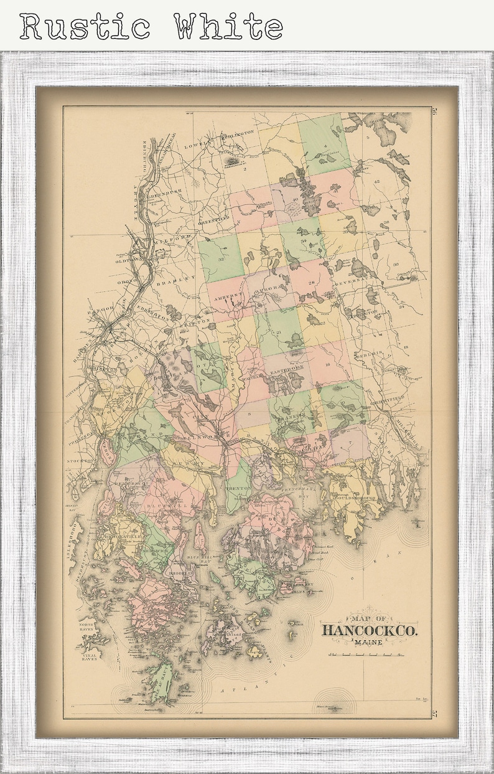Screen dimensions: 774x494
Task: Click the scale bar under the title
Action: point(364,654)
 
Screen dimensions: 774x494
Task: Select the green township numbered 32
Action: point(221,258)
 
